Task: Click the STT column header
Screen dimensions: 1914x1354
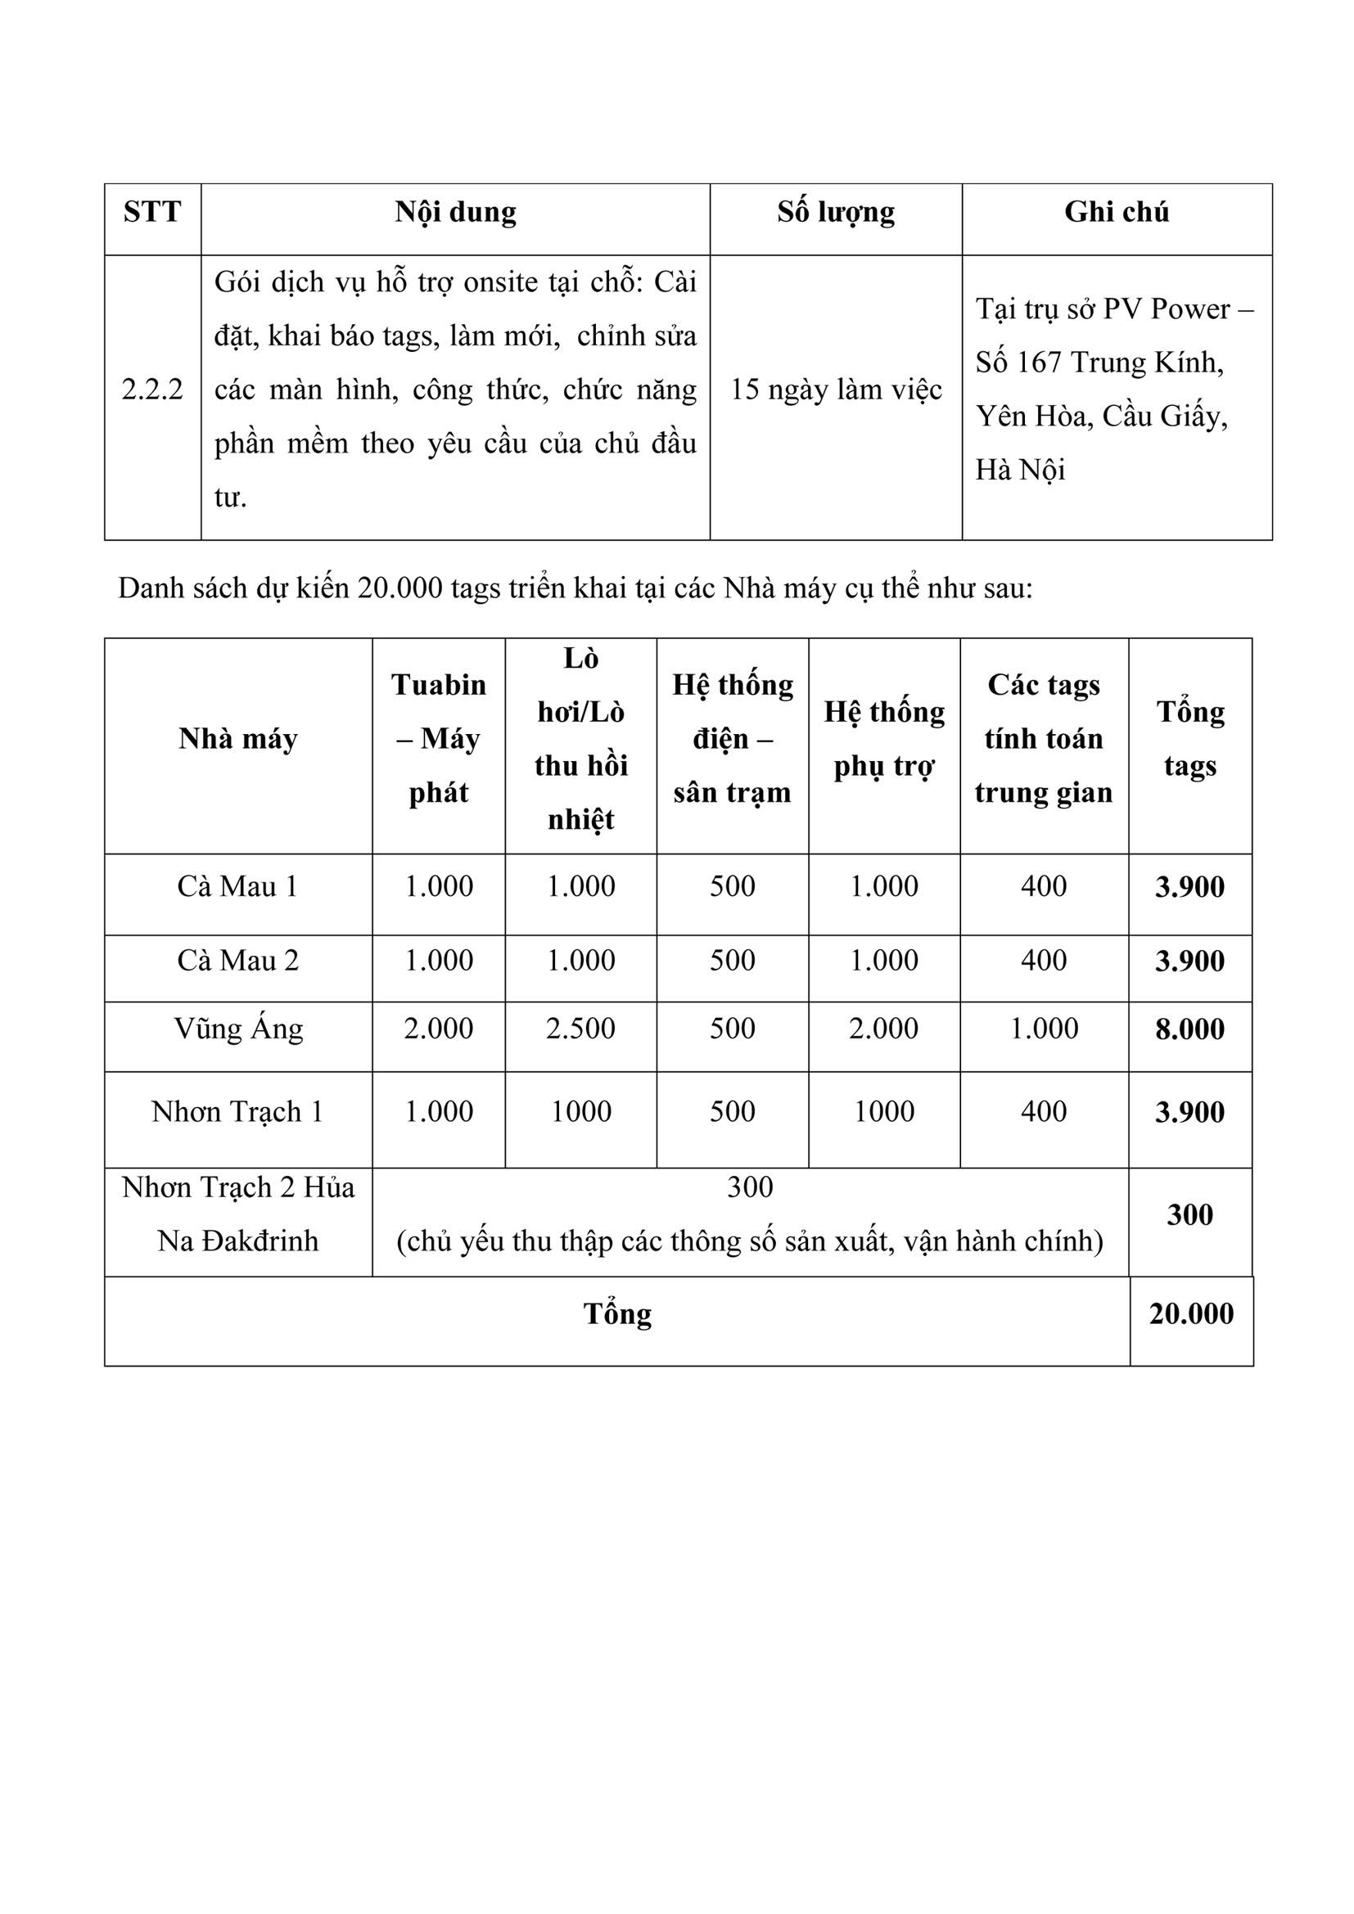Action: pos(151,212)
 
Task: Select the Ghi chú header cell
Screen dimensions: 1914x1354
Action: pos(1117,212)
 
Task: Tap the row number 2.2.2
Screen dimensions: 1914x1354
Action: pos(151,390)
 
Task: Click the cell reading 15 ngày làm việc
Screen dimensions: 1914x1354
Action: pos(837,390)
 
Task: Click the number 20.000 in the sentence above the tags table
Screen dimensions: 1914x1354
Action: pos(400,588)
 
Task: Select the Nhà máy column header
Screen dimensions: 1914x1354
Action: pos(237,739)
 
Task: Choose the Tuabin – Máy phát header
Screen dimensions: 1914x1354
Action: pos(439,739)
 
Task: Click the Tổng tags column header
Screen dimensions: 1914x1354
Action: pos(1189,739)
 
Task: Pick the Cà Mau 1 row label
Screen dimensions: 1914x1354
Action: pos(237,886)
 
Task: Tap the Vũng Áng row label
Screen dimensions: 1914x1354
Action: pos(238,1029)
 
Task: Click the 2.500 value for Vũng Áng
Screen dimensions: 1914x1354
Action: pos(580,1029)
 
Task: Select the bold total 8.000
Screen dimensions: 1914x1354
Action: pos(1189,1029)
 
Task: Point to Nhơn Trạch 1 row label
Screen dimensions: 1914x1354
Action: pos(237,1111)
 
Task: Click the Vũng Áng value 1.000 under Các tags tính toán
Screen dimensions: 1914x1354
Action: pos(1044,1029)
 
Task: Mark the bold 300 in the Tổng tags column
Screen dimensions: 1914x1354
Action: pos(1189,1214)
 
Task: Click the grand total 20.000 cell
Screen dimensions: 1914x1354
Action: pos(1190,1314)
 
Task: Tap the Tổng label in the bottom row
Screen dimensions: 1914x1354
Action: pos(617,1314)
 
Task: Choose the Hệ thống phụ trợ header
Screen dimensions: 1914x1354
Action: pos(884,739)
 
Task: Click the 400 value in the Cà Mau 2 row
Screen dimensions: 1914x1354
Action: pos(1044,961)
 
